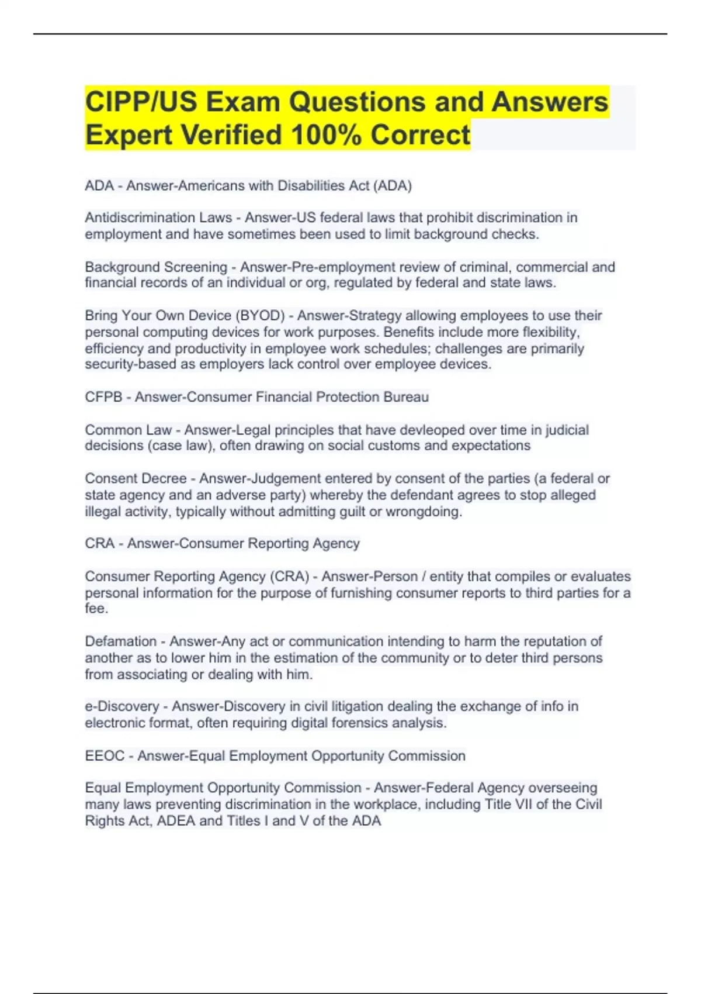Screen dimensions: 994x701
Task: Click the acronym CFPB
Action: tap(103, 397)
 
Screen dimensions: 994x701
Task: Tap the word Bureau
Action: tap(406, 397)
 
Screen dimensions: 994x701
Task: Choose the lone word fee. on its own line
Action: tap(96, 609)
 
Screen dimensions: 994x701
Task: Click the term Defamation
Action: tap(121, 641)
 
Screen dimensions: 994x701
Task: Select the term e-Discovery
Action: tap(122, 706)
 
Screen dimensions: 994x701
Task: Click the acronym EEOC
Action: tap(105, 756)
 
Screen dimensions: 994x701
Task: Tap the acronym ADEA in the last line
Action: tap(176, 821)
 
